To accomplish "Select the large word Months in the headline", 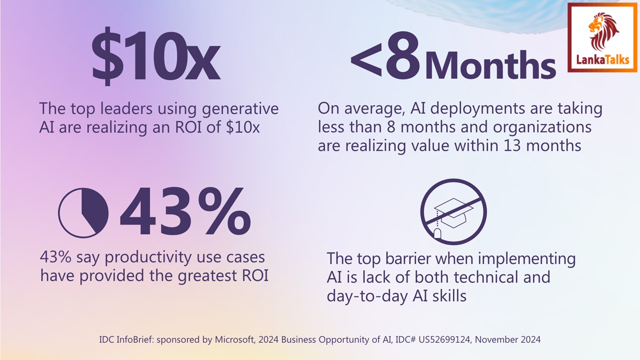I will click(x=490, y=64).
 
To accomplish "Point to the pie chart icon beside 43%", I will click(x=83, y=212).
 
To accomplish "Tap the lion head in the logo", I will click(x=603, y=30).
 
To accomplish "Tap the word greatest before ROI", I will click(x=200, y=275).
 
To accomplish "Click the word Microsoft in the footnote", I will click(x=235, y=339).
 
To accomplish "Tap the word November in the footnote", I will click(x=495, y=339).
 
